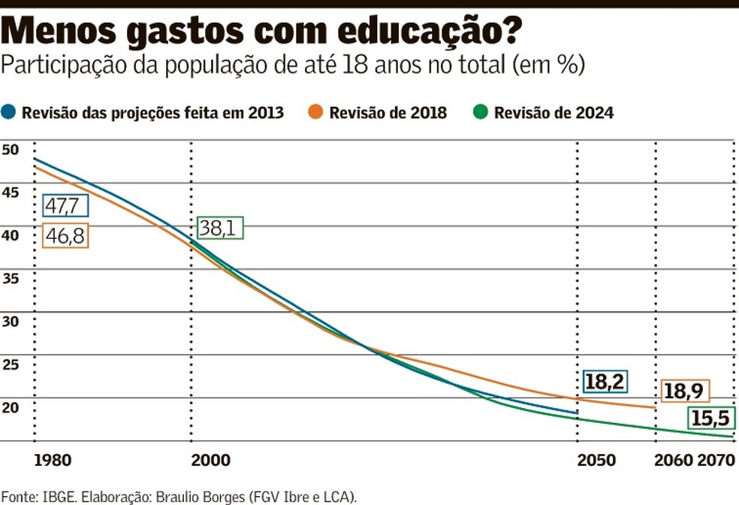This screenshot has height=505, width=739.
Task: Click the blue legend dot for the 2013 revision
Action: pos(9,113)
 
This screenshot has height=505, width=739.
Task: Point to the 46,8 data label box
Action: pos(66,236)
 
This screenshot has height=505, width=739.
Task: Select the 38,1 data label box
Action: pos(222,228)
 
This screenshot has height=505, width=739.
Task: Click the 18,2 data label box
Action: pos(605,381)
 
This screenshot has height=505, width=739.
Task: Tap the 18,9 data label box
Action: pos(684,391)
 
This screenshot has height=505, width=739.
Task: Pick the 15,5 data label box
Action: pos(710,419)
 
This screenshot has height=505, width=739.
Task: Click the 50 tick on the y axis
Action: pos(10,150)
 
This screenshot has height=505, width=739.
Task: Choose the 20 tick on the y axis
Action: pos(10,407)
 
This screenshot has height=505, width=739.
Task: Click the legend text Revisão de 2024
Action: pos(554,113)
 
